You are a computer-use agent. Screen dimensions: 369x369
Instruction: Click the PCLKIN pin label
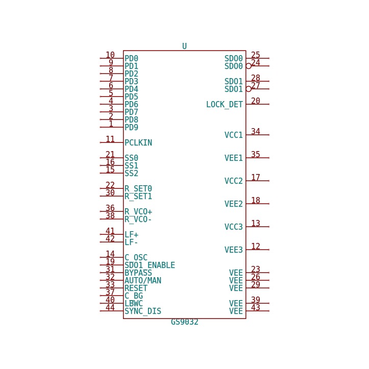click(x=138, y=142)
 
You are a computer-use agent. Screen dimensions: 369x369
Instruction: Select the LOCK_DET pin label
click(x=224, y=105)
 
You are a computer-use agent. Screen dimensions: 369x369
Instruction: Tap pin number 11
click(x=110, y=139)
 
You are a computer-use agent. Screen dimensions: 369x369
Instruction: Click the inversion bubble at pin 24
click(x=249, y=66)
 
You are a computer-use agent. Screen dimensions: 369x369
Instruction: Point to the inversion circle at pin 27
click(x=249, y=89)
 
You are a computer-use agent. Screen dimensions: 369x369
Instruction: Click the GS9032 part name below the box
click(x=185, y=322)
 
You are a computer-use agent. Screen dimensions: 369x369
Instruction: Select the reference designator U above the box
click(x=185, y=46)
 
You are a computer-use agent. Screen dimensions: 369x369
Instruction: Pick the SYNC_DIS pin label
click(x=143, y=311)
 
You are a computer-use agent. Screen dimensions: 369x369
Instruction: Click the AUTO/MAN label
click(x=143, y=281)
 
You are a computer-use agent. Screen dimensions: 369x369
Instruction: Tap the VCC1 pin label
click(x=233, y=135)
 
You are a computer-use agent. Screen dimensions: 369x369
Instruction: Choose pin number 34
click(x=256, y=131)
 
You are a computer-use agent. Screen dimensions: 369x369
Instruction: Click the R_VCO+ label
click(x=138, y=212)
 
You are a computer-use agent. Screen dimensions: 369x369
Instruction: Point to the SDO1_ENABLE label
click(x=150, y=265)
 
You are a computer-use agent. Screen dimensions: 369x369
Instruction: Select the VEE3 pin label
click(x=233, y=250)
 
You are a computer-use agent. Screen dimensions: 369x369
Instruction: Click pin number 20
click(x=256, y=101)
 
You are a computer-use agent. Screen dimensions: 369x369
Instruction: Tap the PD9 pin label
click(x=131, y=127)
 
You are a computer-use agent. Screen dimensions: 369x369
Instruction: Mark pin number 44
click(x=110, y=307)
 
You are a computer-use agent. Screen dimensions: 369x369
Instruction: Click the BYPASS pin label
click(x=138, y=273)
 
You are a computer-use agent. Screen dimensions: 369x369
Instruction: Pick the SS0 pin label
click(x=131, y=158)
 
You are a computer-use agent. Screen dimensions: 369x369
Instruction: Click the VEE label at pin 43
click(x=236, y=311)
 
